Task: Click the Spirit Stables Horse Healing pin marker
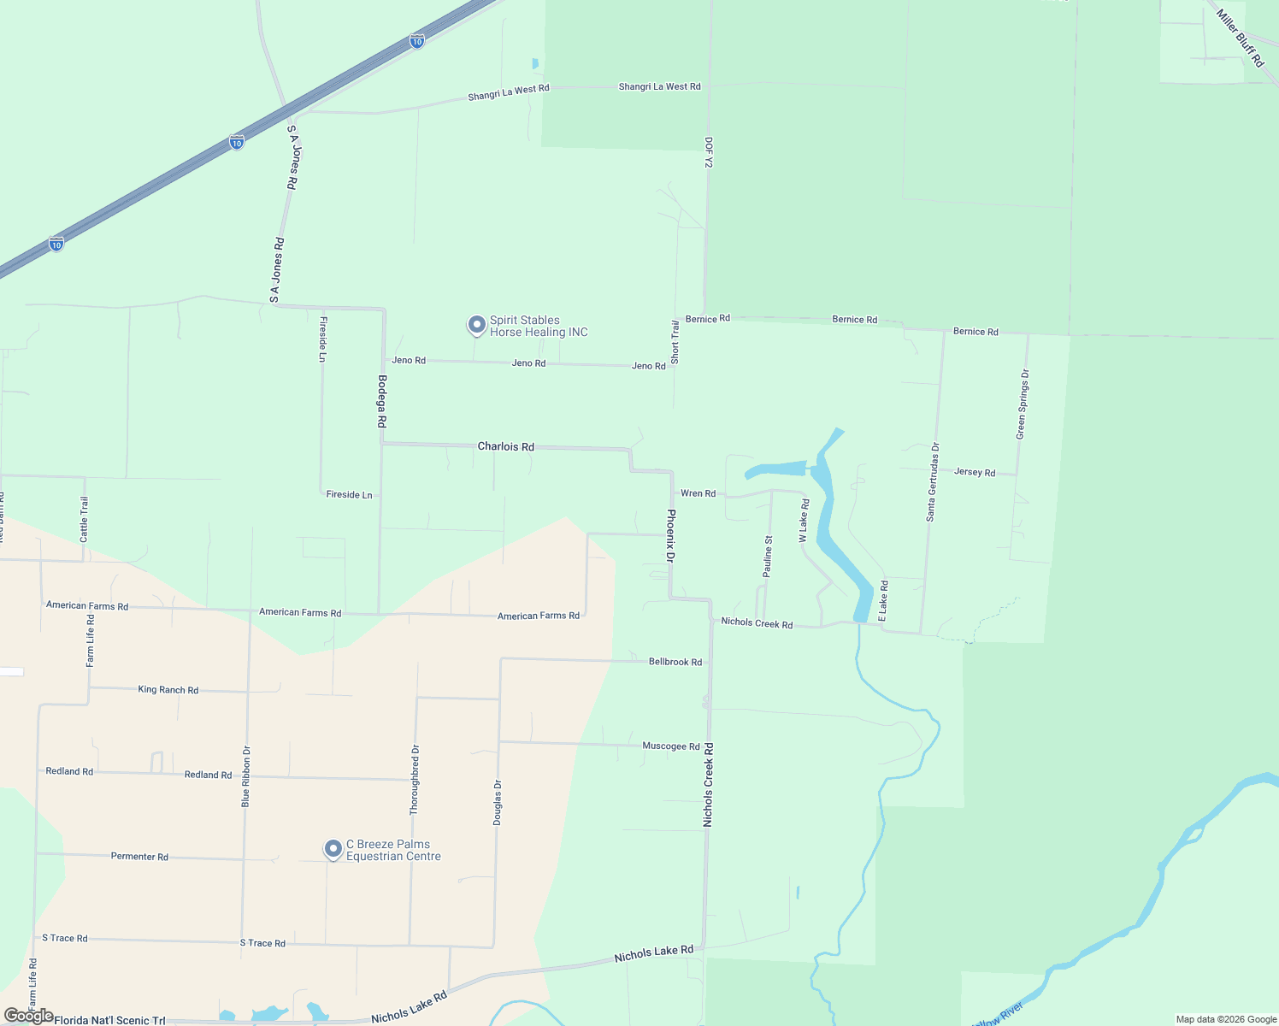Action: (477, 326)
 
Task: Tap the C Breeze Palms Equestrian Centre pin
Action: (333, 850)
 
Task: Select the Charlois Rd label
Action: (505, 446)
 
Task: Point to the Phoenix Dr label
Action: (671, 536)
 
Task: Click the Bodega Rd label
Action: (382, 402)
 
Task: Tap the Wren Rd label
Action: (698, 493)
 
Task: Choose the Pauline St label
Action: (768, 557)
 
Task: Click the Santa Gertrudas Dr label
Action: (933, 482)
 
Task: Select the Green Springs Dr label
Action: (1022, 404)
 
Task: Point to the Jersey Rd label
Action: (975, 472)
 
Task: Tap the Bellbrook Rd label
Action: (675, 662)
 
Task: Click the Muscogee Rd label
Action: (671, 746)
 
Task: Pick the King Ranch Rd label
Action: (168, 689)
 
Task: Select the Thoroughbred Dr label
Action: (415, 780)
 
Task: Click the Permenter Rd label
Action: (139, 856)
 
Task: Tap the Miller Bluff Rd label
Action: (1240, 38)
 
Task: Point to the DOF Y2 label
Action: (709, 152)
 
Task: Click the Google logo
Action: (28, 1016)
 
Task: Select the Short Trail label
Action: (675, 342)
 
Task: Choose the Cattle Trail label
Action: (84, 519)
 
